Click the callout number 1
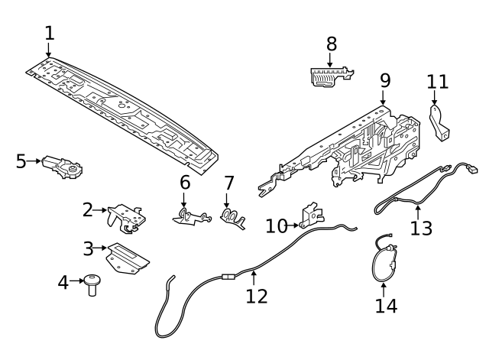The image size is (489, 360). pyautogui.click(x=50, y=34)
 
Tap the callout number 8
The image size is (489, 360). pyautogui.click(x=331, y=44)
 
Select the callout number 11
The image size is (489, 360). pyautogui.click(x=438, y=82)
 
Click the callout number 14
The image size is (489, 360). pyautogui.click(x=386, y=306)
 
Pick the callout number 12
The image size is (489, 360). pyautogui.click(x=257, y=296)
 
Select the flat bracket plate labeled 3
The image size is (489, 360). pyautogui.click(x=128, y=258)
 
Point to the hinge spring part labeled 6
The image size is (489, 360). pyautogui.click(x=190, y=216)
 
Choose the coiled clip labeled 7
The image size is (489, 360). pyautogui.click(x=232, y=218)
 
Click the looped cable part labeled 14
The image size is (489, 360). pyautogui.click(x=381, y=261)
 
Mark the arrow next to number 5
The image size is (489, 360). pyautogui.click(x=34, y=161)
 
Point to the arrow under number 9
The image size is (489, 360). pyautogui.click(x=384, y=96)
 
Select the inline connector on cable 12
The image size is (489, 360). pyautogui.click(x=226, y=277)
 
